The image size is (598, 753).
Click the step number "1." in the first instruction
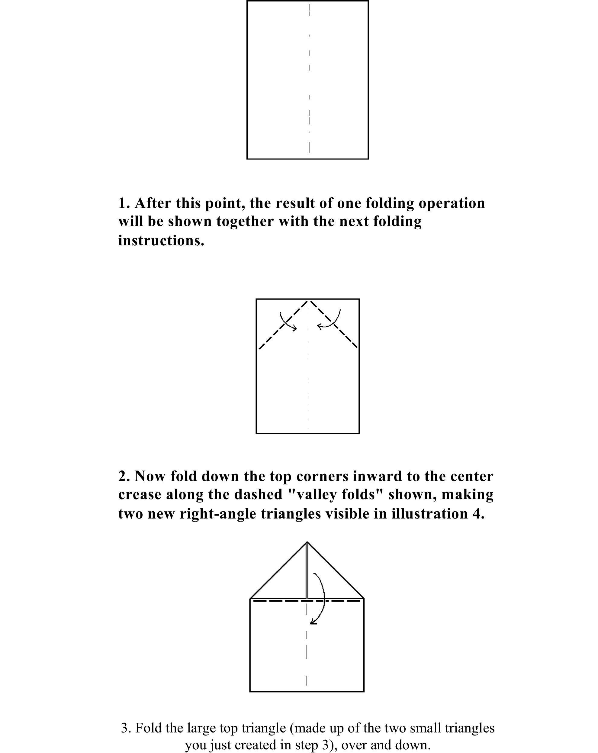point(124,203)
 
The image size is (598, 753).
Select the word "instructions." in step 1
point(161,241)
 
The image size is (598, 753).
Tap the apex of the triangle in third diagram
point(307,542)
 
